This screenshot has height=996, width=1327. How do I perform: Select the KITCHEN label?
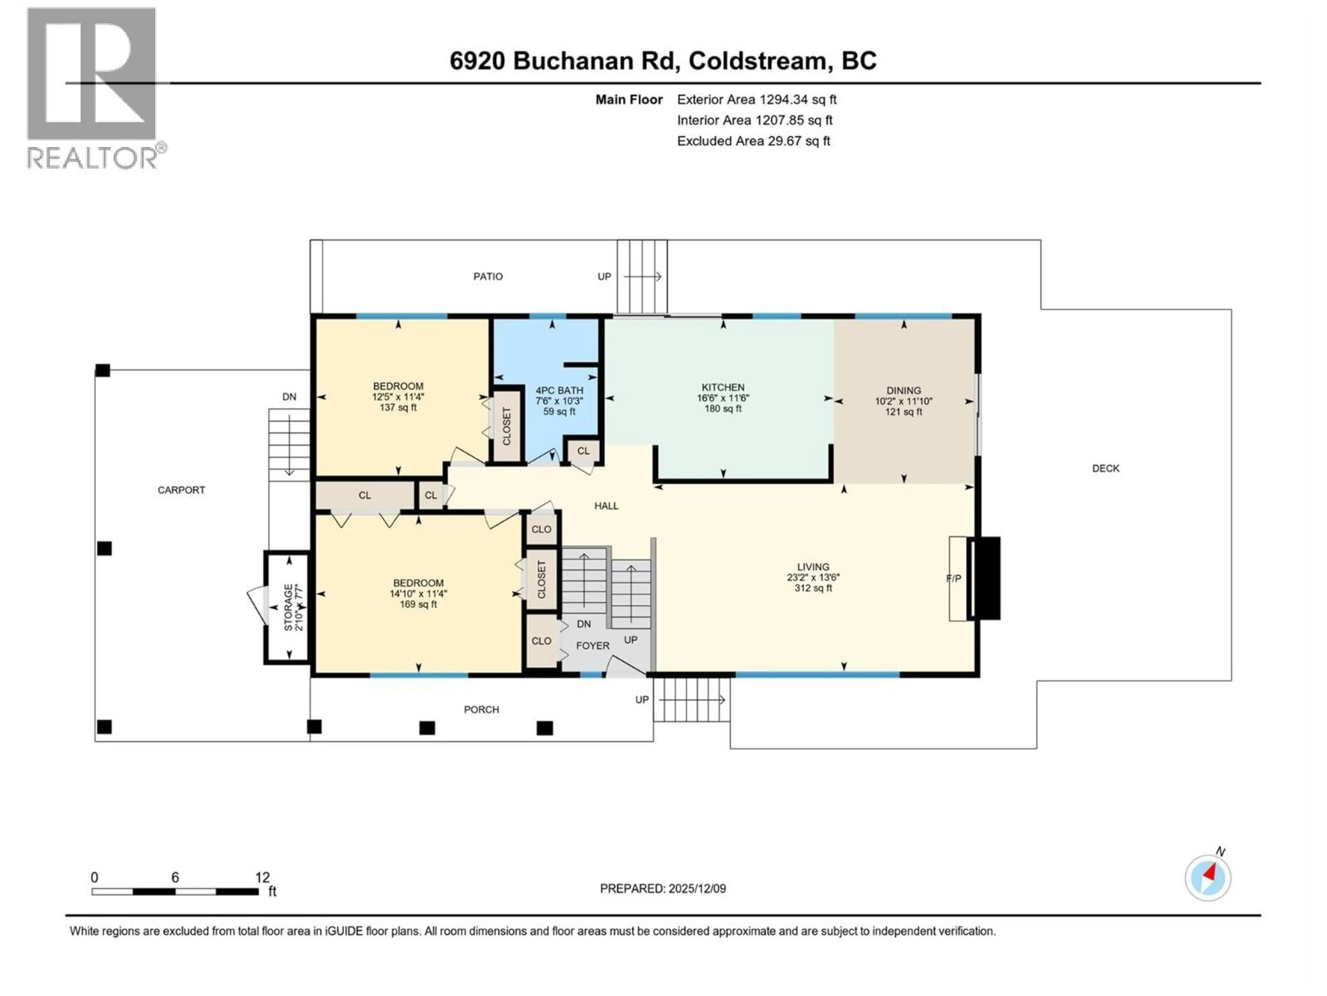tap(723, 388)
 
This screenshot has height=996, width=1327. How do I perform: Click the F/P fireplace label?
tap(953, 579)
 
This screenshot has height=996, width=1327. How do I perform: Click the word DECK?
tap(1105, 468)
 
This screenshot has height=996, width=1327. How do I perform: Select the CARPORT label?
tap(181, 490)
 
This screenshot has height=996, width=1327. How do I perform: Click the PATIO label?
tap(488, 277)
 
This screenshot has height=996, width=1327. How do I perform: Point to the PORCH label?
tap(481, 710)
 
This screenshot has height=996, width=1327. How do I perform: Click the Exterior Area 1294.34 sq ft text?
tap(756, 100)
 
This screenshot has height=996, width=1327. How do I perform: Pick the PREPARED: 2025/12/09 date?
tap(663, 888)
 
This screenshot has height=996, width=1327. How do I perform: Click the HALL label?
tap(606, 506)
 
